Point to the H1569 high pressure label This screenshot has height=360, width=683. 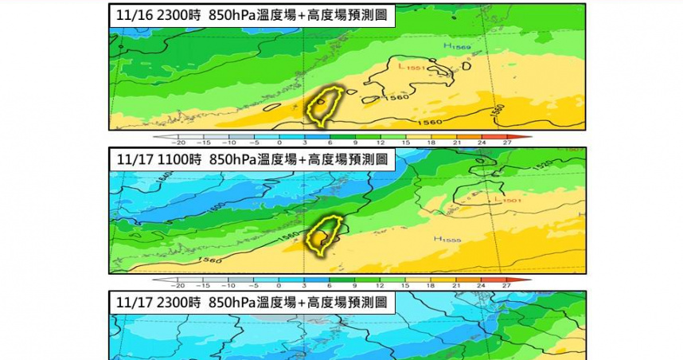point(459,48)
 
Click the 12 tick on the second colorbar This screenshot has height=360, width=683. point(380,284)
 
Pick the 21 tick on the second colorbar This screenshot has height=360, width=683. point(456,284)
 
